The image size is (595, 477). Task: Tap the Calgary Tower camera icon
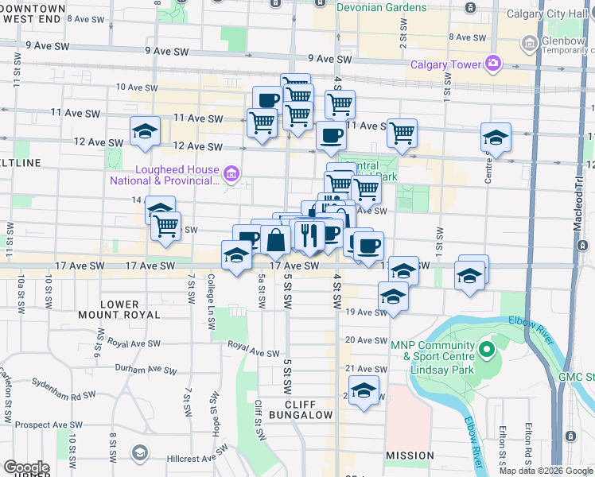tap(493, 63)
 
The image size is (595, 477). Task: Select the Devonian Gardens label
tap(382, 7)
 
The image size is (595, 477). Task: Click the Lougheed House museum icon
tap(231, 173)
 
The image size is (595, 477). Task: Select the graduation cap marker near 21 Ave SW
tap(364, 390)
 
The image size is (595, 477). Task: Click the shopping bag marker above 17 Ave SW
tap(274, 239)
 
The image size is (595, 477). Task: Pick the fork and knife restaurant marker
tap(309, 235)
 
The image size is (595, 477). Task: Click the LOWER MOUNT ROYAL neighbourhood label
tap(130, 309)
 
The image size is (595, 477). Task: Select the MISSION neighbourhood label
tap(410, 456)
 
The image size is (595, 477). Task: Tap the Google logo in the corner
tap(25, 467)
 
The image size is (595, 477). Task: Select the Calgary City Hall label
tap(552, 14)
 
